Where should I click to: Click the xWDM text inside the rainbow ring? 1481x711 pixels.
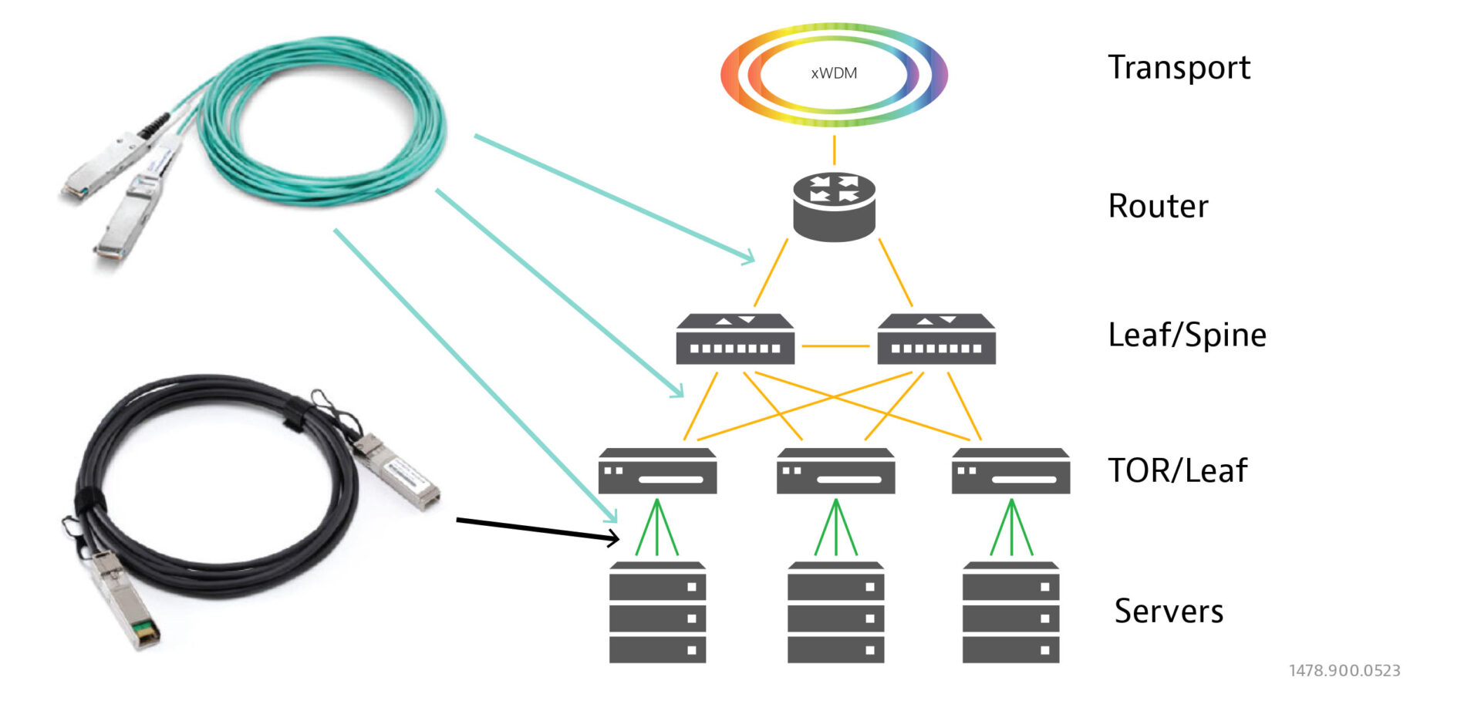coord(834,73)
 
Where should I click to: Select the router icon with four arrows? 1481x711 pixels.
coord(834,206)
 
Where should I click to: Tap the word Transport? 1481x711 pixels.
coord(1179,68)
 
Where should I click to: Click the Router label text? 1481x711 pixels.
coord(1158,206)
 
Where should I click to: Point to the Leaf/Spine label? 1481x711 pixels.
coord(1186,335)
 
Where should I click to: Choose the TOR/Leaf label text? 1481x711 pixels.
coord(1177,470)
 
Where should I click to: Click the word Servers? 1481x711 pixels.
coord(1169,611)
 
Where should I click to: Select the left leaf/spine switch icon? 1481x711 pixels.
coord(735,339)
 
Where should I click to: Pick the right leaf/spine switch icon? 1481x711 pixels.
coord(936,339)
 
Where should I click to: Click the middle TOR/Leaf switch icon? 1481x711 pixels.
coord(835,471)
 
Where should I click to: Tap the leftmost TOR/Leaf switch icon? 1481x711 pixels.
coord(657,471)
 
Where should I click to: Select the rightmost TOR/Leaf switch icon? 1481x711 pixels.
coord(1010,471)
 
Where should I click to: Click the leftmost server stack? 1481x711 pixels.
coord(657,612)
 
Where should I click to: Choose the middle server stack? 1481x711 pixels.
coord(835,612)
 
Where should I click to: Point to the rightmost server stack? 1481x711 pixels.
coord(1010,612)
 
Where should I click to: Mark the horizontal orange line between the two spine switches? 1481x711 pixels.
coord(835,346)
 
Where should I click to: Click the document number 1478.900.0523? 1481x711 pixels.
coord(1344,671)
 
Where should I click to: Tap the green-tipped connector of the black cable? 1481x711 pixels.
coord(145,633)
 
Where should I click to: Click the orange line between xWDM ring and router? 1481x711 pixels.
coord(834,150)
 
